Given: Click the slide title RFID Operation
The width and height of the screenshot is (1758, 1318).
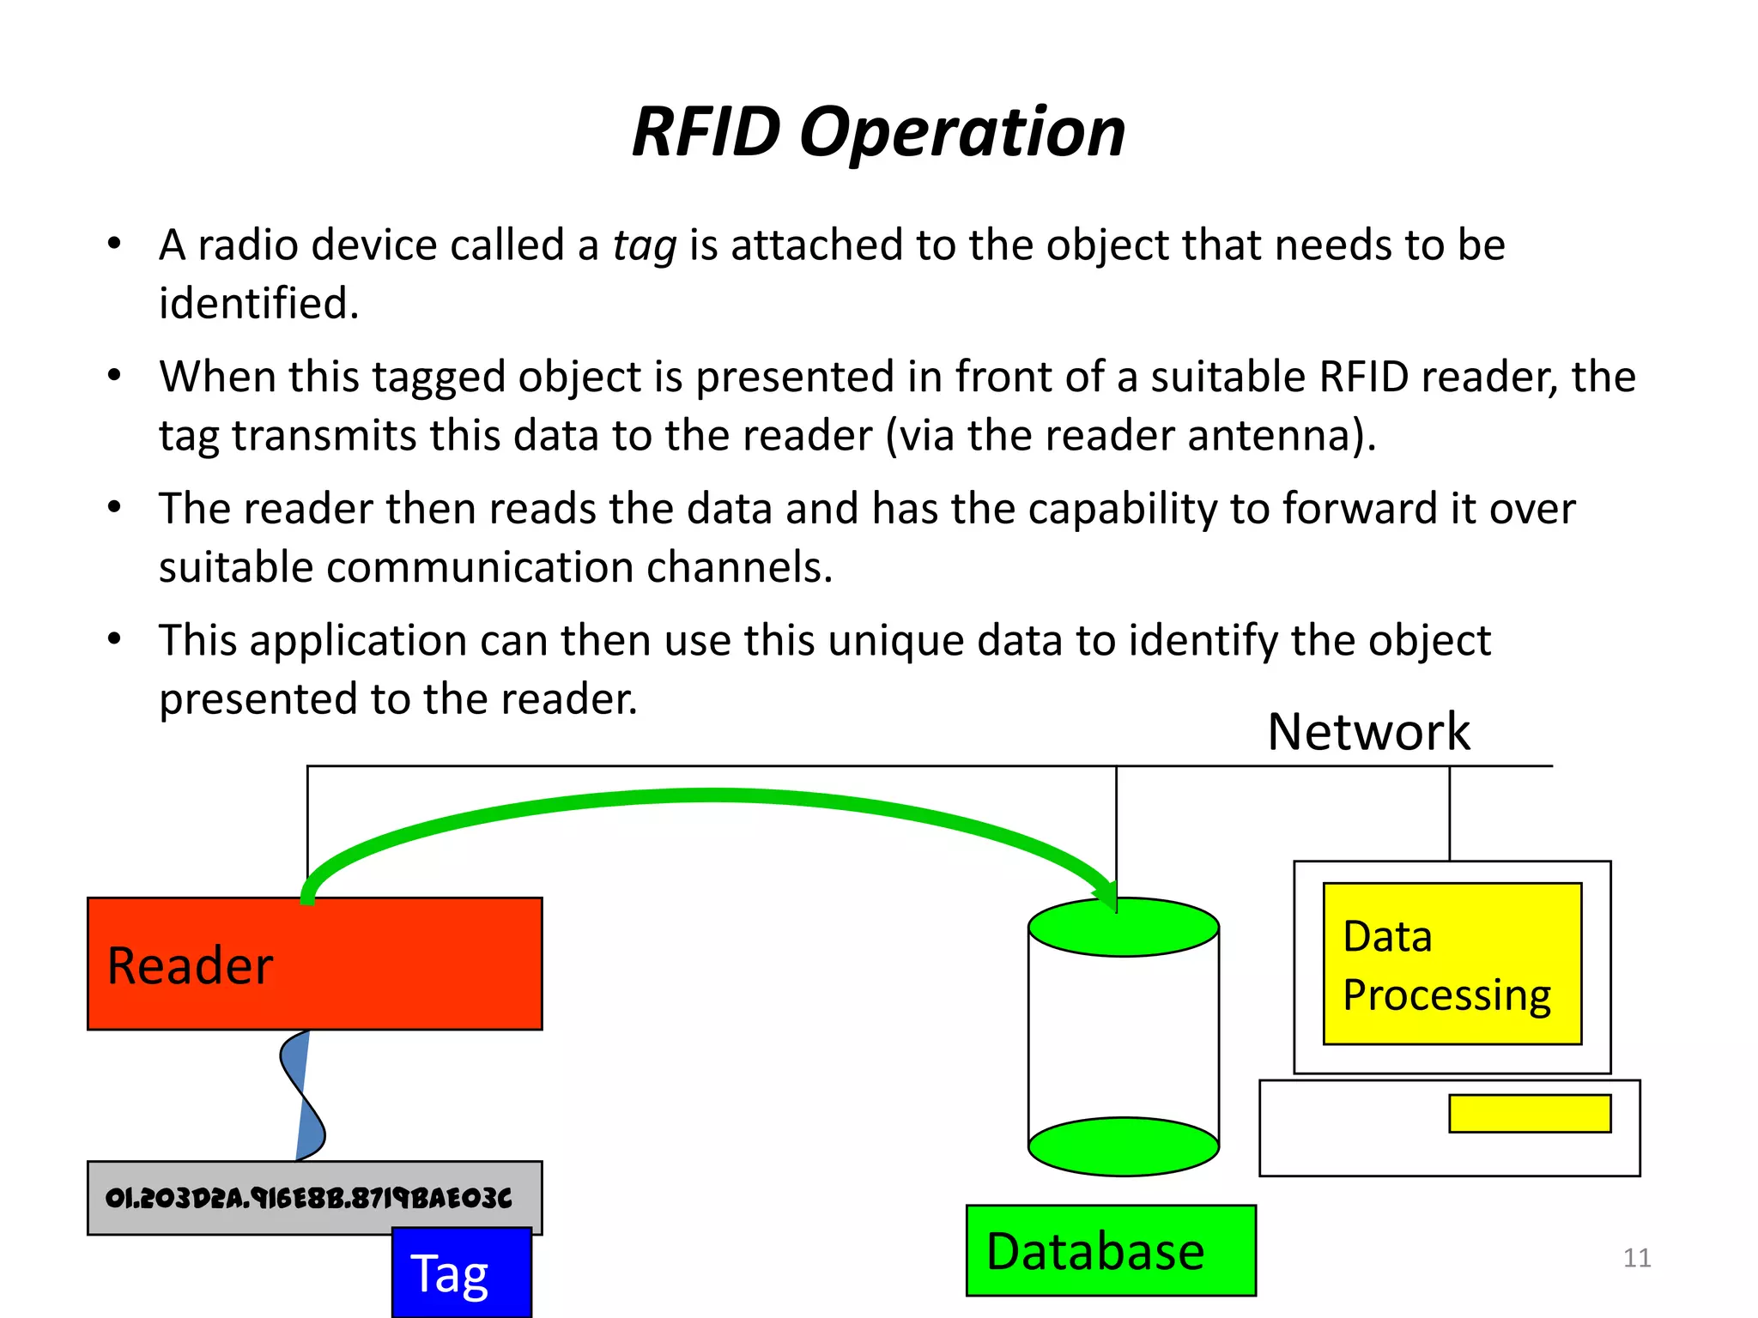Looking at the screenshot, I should point(878,133).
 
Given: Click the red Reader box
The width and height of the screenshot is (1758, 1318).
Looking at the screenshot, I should point(314,964).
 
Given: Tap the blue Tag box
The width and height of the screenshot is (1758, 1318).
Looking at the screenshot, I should point(461,1273).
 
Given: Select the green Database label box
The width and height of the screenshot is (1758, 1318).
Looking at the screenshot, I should point(1111,1250).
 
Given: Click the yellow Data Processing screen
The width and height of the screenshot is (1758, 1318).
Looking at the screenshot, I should point(1452,964).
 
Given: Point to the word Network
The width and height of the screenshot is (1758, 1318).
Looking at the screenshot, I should point(1368,732).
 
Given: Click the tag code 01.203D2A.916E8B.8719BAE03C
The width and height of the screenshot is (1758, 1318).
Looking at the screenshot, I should point(308,1198).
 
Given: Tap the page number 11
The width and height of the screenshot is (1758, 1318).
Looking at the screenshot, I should point(1636,1258).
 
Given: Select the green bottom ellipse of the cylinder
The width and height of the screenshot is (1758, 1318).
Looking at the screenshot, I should point(1123,1147).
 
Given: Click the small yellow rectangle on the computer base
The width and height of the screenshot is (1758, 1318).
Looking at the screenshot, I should point(1529,1114).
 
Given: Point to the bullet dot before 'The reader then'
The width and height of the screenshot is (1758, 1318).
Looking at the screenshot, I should point(114,507).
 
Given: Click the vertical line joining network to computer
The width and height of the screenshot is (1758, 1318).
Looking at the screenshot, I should point(1450,813).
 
